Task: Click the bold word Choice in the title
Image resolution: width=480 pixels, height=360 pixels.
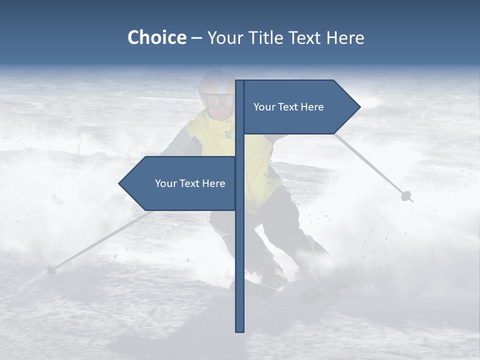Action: (x=156, y=37)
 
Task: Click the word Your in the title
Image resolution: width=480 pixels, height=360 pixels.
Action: (x=226, y=37)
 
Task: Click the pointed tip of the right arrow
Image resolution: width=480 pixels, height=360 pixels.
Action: (x=358, y=107)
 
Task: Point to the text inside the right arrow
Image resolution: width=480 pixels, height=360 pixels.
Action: (x=288, y=107)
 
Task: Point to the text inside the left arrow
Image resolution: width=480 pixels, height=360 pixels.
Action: (x=190, y=183)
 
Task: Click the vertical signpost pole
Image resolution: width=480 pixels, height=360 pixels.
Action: (x=240, y=250)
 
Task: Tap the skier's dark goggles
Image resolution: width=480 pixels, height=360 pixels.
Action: (x=218, y=101)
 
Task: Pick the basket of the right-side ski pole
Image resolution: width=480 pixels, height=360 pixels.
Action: (x=406, y=196)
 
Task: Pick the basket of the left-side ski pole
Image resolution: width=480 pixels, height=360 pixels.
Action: (x=50, y=270)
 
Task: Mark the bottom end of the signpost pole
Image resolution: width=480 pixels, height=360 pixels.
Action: (x=240, y=330)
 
